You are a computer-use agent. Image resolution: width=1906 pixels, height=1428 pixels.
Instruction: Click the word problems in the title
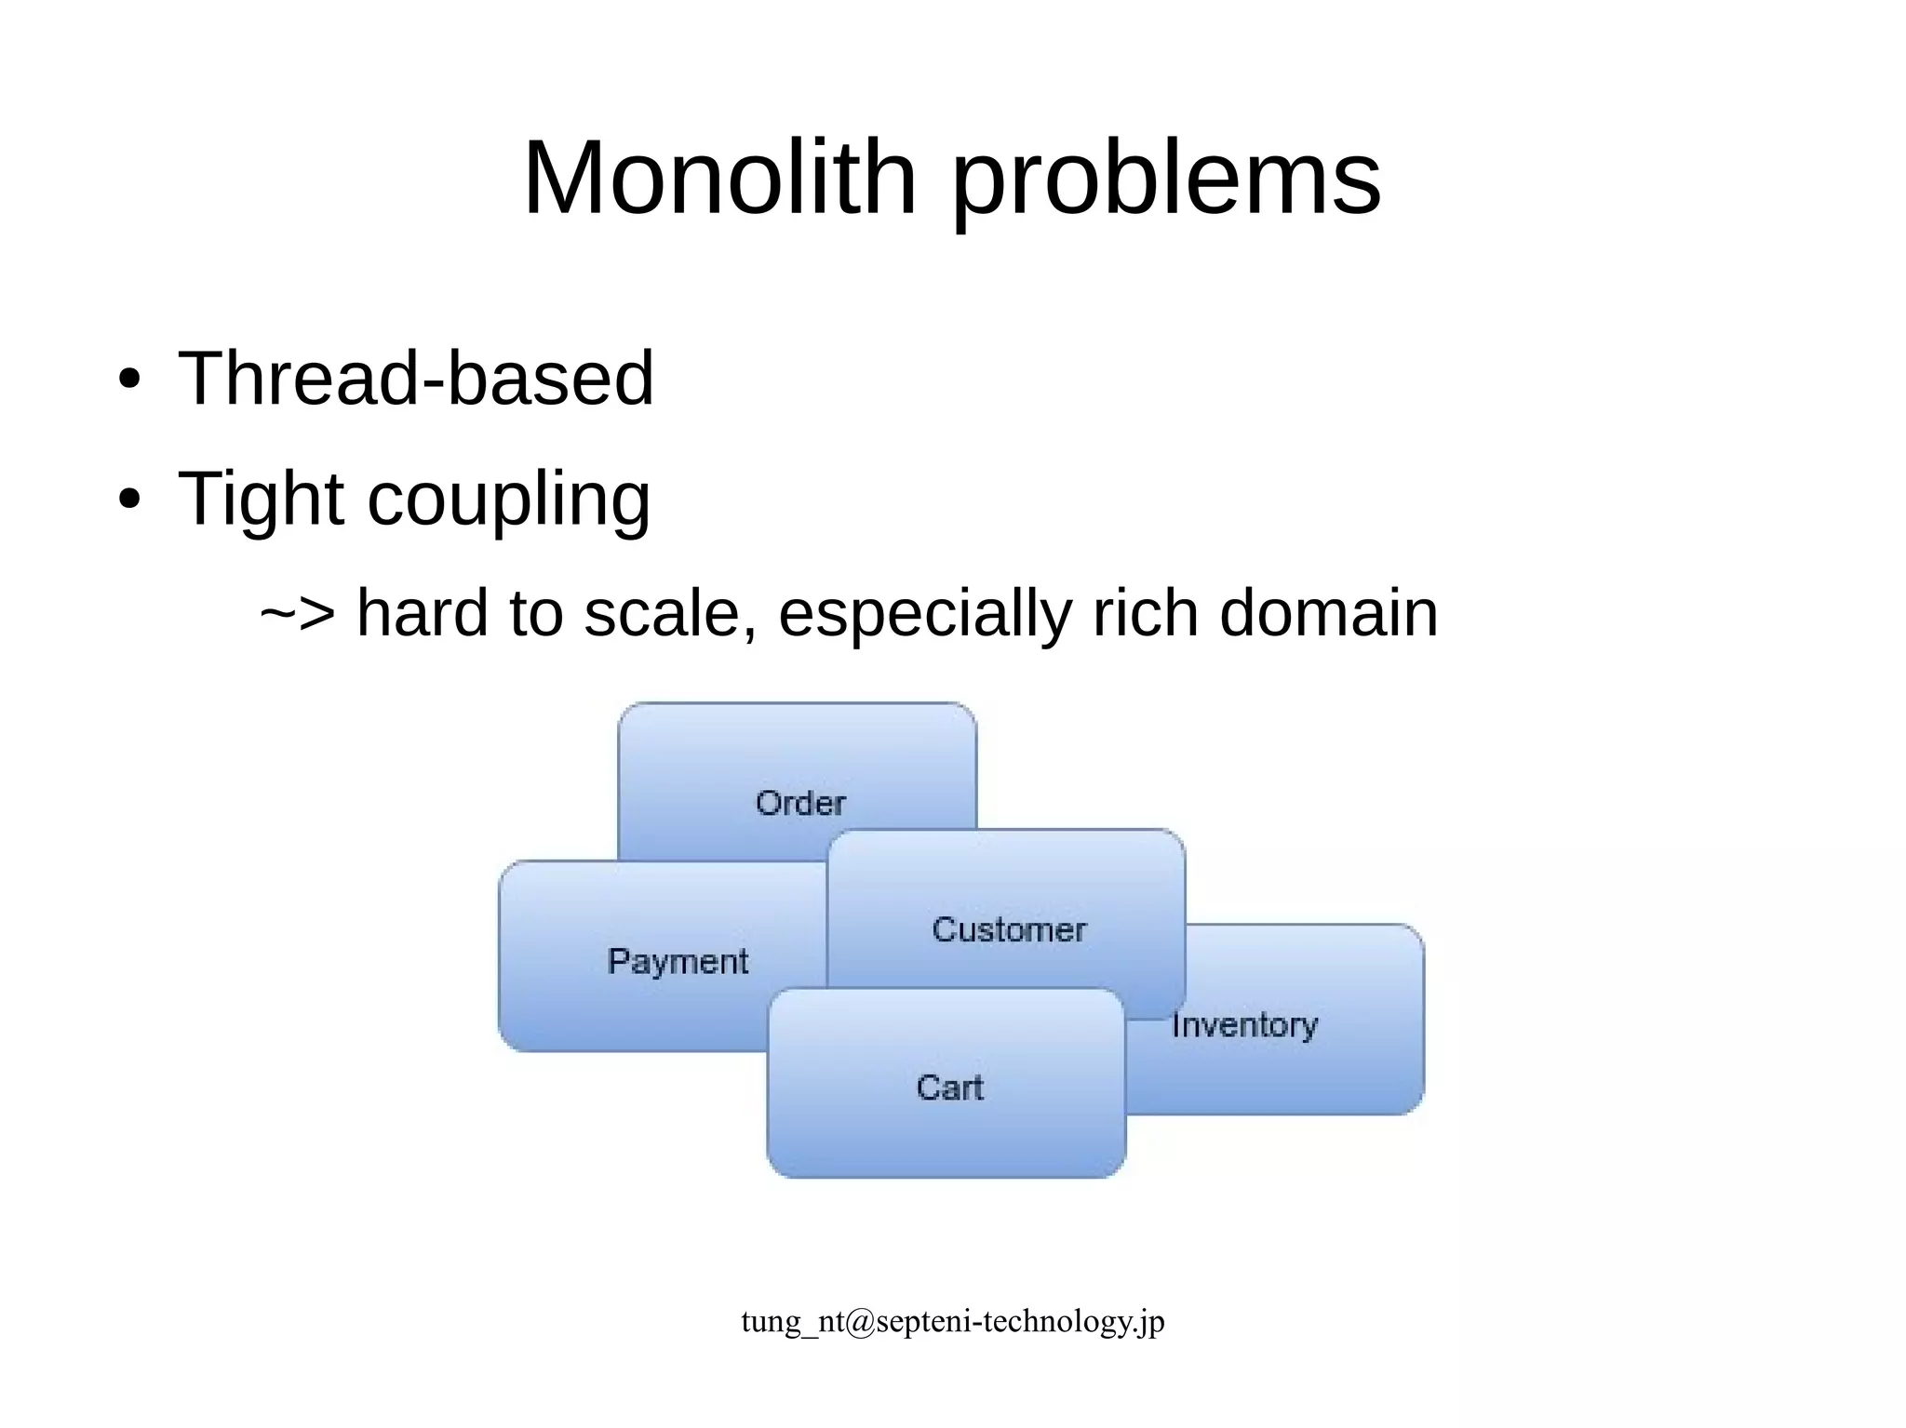pos(1166,181)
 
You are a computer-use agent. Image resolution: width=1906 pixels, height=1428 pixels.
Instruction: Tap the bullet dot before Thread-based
pos(129,380)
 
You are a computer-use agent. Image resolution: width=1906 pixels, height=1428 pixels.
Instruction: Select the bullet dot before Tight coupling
pos(129,499)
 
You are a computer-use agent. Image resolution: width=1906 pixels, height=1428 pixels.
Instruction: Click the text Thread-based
pos(416,378)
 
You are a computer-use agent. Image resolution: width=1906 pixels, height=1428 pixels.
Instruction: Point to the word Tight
pos(261,500)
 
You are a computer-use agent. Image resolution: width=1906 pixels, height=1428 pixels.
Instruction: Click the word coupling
pos(509,502)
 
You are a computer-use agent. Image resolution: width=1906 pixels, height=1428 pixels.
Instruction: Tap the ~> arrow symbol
pos(297,614)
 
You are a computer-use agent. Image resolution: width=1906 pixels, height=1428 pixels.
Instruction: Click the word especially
pos(924,616)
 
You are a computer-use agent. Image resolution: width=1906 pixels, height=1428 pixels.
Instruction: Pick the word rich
pos(1145,613)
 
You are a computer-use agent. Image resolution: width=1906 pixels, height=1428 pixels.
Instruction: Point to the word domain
pos(1328,613)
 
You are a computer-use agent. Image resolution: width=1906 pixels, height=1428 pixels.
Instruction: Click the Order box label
pos(800,803)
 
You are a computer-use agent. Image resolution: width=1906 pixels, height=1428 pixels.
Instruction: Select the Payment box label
pos(678,962)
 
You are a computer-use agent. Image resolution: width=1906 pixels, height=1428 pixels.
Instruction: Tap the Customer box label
pos(1009,929)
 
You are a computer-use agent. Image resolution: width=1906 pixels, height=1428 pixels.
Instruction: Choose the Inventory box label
pos(1244,1025)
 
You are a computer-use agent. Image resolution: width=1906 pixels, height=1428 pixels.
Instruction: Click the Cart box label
pos(949,1088)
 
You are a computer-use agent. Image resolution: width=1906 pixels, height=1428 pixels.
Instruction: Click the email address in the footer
pos(953,1321)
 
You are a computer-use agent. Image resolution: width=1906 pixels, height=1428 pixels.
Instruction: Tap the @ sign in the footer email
pos(862,1322)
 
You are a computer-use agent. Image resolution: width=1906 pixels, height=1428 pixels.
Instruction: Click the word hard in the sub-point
pos(423,613)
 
